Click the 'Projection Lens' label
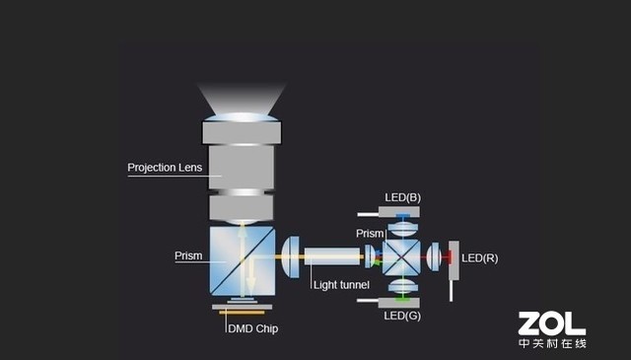165,167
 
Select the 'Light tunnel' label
340,285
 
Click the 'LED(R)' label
479,258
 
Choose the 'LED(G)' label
401,316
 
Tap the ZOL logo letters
552,323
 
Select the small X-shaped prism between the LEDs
401,258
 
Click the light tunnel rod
333,258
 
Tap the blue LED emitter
402,214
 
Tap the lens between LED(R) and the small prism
433,258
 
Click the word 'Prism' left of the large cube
188,255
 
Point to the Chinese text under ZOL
552,343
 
